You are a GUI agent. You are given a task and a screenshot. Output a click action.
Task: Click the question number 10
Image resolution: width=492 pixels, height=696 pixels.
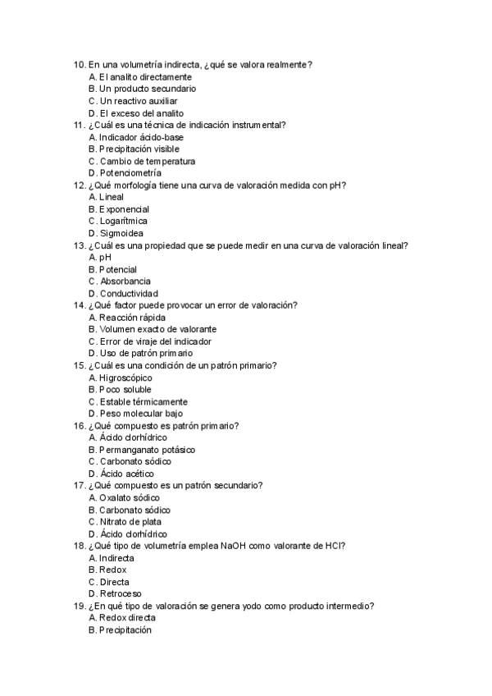(x=79, y=65)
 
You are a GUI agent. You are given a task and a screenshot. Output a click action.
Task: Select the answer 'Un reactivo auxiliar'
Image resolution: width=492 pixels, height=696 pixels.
(x=126, y=101)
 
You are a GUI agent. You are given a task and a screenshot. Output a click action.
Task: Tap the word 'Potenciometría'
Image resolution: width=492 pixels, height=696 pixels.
(x=130, y=173)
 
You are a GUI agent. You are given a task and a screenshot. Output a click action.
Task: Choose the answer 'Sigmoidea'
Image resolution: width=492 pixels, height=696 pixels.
(x=121, y=234)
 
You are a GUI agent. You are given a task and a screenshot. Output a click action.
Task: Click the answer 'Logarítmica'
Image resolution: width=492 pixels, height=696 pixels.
(x=123, y=222)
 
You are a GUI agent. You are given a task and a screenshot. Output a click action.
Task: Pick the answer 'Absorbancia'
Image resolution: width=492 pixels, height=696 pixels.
(x=125, y=282)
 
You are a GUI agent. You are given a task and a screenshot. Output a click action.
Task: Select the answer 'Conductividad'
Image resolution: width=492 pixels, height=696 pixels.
(x=129, y=294)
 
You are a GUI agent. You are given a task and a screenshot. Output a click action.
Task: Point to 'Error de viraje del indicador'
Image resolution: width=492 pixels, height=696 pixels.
(x=155, y=341)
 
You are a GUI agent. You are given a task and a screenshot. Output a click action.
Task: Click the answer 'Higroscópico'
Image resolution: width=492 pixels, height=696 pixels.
(x=125, y=378)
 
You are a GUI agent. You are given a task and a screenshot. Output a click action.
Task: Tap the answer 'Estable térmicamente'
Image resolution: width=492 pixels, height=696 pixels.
(x=143, y=402)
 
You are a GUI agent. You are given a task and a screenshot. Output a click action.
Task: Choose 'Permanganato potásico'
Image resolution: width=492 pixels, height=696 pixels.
(x=147, y=450)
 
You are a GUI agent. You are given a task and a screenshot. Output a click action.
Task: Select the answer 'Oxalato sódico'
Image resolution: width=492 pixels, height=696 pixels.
(x=129, y=497)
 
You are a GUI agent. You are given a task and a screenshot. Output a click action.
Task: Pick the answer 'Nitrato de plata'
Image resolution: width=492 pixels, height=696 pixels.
(x=130, y=522)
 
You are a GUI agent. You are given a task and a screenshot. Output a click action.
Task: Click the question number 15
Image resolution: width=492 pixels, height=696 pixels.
(x=79, y=365)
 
